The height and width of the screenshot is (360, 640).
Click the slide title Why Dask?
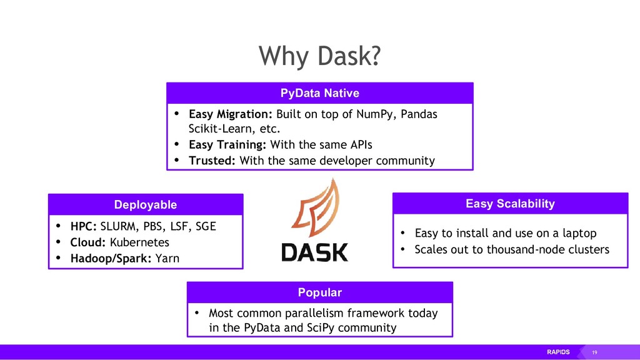point(319,57)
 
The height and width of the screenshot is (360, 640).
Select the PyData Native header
point(319,93)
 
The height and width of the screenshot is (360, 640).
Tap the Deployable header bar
point(145,204)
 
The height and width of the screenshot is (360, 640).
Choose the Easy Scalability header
point(510,203)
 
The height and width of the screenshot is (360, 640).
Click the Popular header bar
point(319,292)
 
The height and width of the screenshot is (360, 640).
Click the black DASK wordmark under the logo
point(314,251)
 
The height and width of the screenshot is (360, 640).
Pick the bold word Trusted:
point(212,161)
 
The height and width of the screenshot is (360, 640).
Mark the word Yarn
point(167,257)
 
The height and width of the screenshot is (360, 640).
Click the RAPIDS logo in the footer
point(559,352)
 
